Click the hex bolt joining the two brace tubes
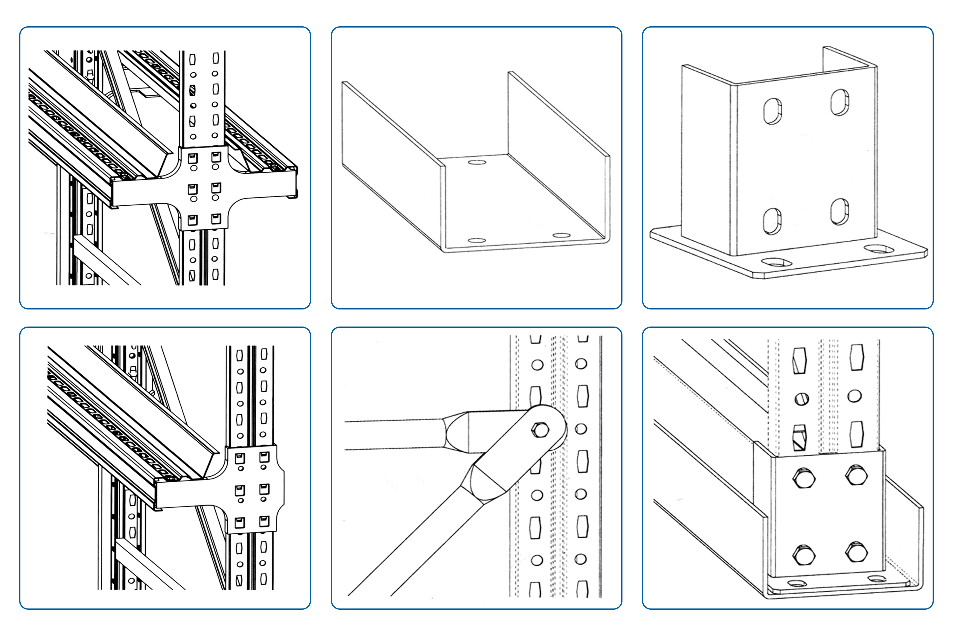(540, 430)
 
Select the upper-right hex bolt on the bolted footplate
(856, 475)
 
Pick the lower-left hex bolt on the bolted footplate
(804, 555)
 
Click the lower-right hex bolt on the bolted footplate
(856, 552)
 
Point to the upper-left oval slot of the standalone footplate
(772, 111)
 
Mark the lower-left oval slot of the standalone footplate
(772, 221)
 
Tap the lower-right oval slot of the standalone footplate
(839, 211)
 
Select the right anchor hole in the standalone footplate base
(878, 249)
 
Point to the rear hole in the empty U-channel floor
(477, 162)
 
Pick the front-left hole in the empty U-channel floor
(477, 240)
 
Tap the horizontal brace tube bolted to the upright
(394, 435)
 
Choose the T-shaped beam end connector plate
(252, 489)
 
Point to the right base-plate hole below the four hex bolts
(876, 578)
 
